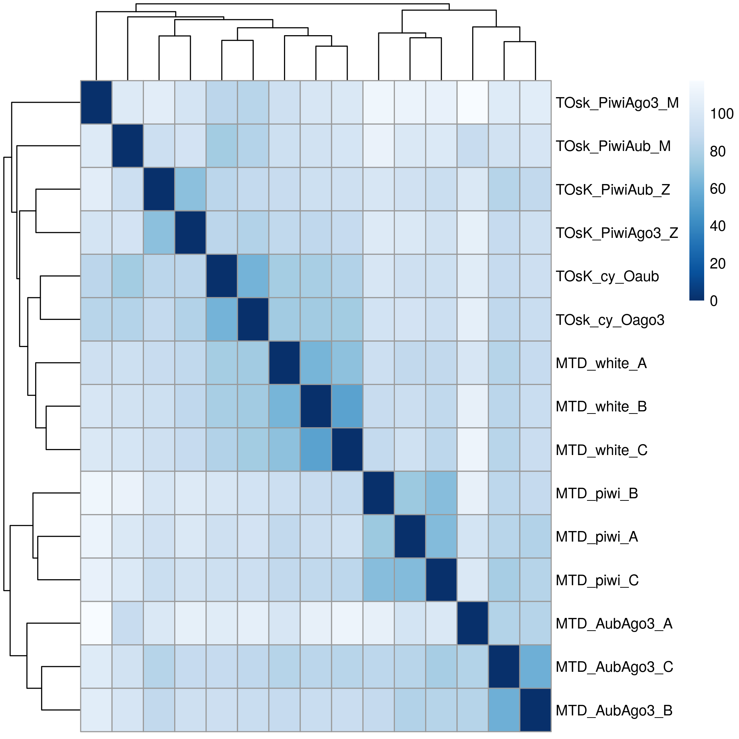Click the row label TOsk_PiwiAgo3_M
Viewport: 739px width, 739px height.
[x=617, y=103]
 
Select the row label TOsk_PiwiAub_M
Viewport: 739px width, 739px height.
[x=613, y=146]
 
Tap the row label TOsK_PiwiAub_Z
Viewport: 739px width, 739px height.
[x=613, y=190]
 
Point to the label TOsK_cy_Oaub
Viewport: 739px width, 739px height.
[x=607, y=277]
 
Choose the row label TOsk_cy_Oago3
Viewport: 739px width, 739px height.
[x=610, y=320]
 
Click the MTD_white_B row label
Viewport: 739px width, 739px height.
[x=601, y=406]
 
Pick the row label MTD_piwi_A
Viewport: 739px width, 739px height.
[x=597, y=537]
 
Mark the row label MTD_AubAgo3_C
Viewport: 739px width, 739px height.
[x=614, y=667]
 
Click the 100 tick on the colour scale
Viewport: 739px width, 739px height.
[x=722, y=114]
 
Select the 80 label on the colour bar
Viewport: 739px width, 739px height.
[x=718, y=151]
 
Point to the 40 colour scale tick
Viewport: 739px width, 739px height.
[x=718, y=226]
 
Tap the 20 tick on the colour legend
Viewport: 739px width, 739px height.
[x=718, y=264]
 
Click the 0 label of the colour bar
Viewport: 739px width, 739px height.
[x=714, y=301]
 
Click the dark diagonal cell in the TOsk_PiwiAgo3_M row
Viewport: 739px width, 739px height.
[x=96, y=102]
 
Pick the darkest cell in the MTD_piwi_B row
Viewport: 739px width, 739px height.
[x=379, y=493]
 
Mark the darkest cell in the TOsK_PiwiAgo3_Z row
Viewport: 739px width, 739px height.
[x=190, y=233]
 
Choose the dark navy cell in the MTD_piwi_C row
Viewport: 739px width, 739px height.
[x=441, y=580]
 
